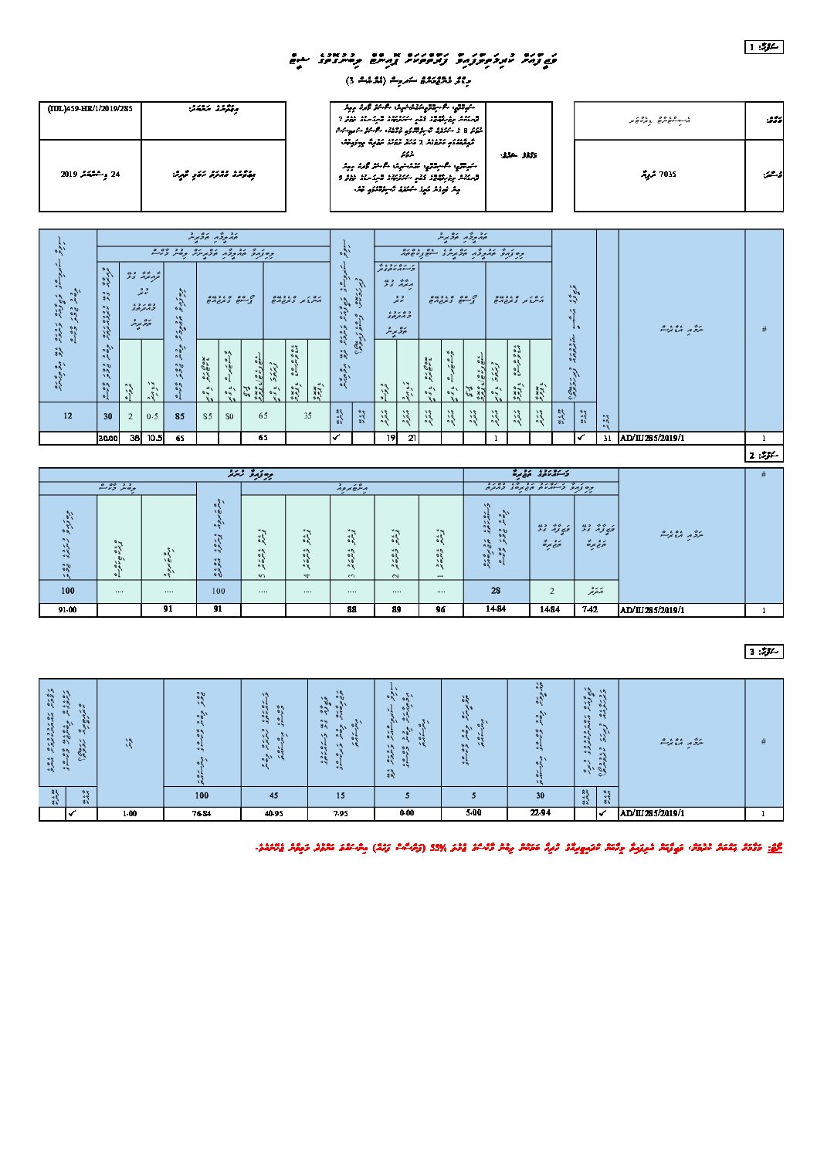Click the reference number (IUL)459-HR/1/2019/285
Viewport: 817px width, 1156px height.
90,109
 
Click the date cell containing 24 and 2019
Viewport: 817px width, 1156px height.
91,175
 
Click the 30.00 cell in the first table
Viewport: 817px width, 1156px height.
107,438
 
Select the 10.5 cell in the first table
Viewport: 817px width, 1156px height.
153,438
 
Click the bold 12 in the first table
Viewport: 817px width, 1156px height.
68,415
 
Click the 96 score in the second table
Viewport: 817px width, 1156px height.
441,609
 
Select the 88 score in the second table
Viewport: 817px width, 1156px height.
352,609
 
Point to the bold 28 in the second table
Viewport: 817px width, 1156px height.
496,591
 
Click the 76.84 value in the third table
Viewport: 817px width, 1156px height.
202,813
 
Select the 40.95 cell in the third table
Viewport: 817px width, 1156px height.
274,813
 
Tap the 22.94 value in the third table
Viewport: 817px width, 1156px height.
540,813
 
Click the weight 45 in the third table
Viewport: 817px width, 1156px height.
274,795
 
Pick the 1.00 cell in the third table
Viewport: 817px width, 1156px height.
131,813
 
